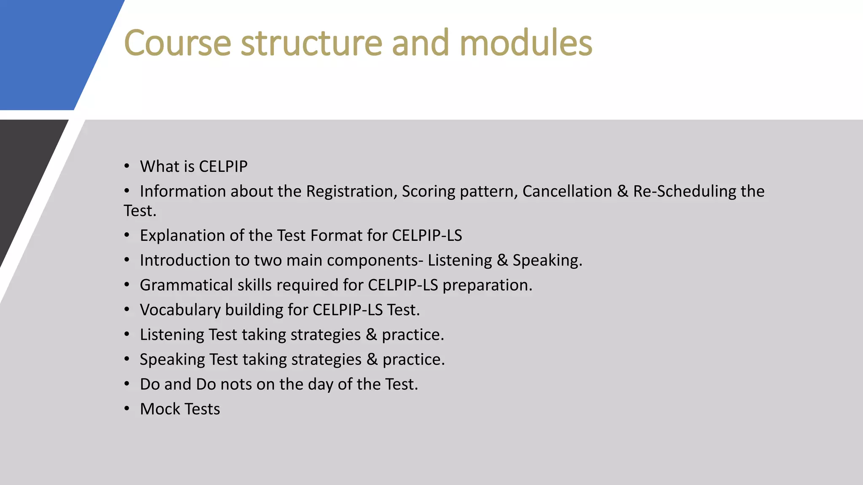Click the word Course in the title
point(177,43)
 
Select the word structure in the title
point(311,43)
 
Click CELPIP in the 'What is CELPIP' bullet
point(223,167)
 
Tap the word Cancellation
point(567,192)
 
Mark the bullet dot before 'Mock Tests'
point(127,408)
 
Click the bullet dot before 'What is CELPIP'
point(127,166)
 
